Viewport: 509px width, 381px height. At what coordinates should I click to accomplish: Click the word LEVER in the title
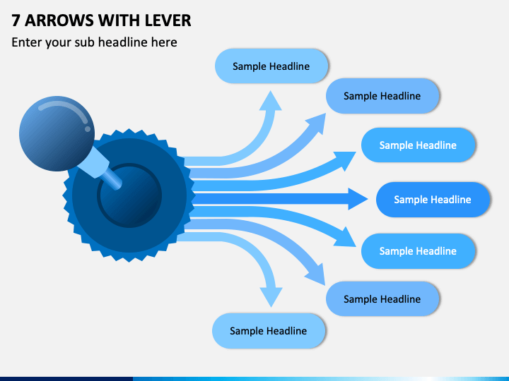click(168, 20)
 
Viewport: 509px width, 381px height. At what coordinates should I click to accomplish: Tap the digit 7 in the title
click(16, 20)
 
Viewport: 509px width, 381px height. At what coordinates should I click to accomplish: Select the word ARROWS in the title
click(59, 20)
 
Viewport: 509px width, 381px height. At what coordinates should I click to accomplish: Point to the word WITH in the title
click(119, 20)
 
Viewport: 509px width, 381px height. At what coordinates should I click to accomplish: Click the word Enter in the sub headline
click(27, 42)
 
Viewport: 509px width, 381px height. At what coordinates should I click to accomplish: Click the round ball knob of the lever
click(57, 133)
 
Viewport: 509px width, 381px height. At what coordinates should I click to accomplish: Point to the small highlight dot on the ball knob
click(88, 129)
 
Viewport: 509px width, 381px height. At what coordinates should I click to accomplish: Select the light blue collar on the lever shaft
click(94, 162)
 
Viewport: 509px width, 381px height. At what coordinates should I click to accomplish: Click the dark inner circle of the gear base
click(129, 195)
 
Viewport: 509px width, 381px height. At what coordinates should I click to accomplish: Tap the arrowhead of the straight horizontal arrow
click(358, 198)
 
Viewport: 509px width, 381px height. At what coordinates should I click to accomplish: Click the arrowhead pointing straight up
click(270, 101)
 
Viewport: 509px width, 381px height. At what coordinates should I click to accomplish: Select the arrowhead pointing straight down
click(271, 297)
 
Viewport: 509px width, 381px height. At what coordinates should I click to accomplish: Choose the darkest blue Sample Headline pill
click(433, 200)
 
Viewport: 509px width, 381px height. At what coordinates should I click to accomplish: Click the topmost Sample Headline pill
click(271, 66)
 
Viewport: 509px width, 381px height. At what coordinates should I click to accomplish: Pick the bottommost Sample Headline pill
click(269, 331)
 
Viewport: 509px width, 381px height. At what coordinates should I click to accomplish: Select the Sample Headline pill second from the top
click(382, 96)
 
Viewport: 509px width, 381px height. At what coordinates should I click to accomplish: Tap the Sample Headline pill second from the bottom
click(382, 298)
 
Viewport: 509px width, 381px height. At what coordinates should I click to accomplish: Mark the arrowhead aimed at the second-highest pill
click(317, 123)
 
